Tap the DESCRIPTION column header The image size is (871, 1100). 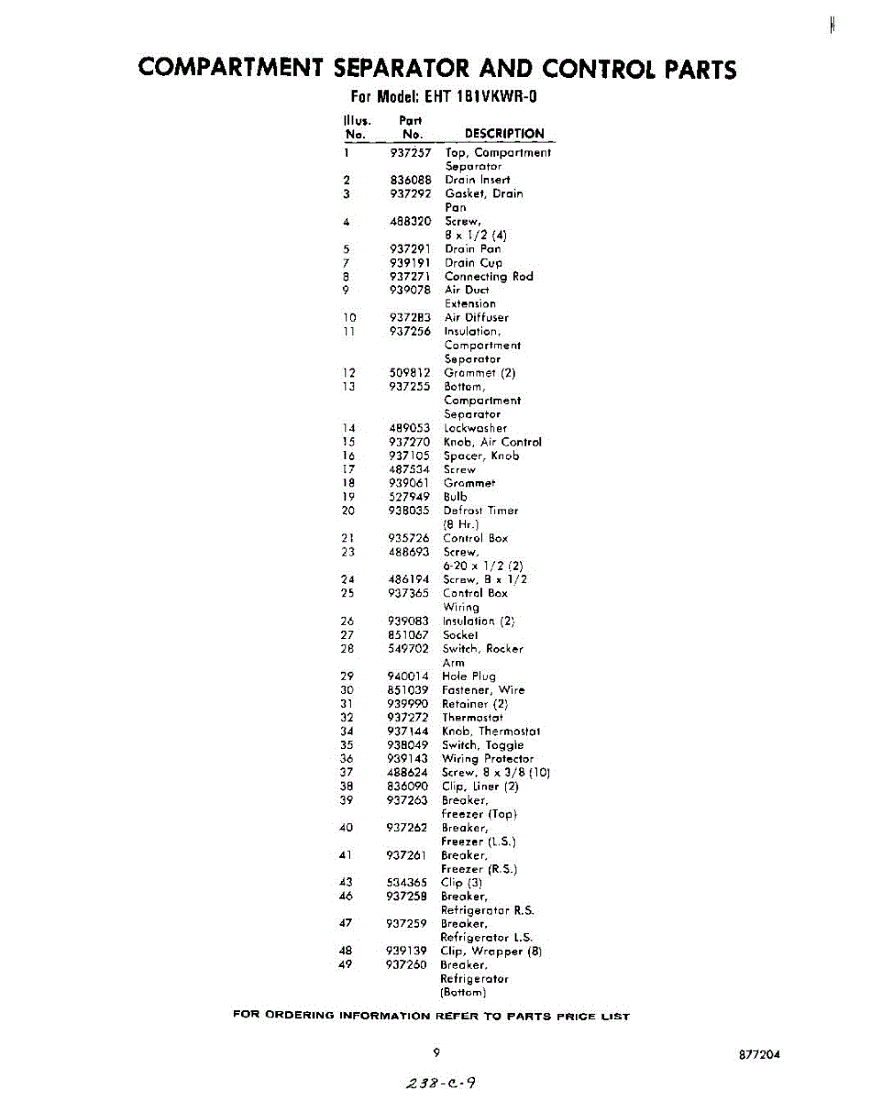pos(504,134)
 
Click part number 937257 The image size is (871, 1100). pos(410,152)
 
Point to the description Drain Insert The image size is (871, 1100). pos(477,180)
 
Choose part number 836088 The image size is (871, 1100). pos(410,180)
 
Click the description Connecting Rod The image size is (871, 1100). pos(488,276)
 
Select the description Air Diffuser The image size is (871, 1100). pos(476,317)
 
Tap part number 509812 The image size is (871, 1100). pos(410,373)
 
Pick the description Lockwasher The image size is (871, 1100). pos(475,428)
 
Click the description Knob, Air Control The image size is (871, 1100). pos(492,442)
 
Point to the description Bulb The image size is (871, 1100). pos(455,497)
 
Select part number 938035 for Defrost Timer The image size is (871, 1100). pos(409,511)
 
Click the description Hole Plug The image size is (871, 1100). pos(469,676)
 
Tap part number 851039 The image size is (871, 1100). pos(408,689)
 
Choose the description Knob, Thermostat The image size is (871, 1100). pos(491,731)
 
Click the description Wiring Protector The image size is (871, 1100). pos(487,759)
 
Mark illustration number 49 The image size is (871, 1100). pos(347,965)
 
